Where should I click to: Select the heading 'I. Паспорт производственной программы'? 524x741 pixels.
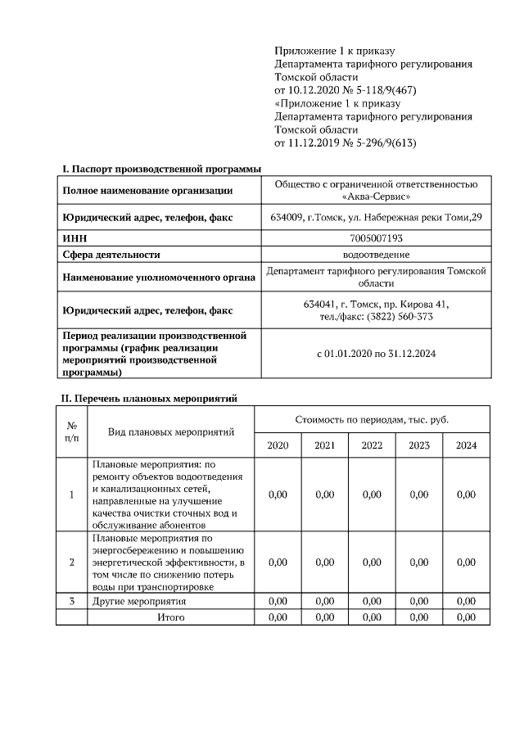point(162,169)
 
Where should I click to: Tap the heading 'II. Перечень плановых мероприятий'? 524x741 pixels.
point(150,399)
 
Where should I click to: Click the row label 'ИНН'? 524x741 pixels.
point(75,238)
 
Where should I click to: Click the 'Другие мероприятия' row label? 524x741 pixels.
point(139,602)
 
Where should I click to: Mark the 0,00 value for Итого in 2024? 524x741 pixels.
point(466,617)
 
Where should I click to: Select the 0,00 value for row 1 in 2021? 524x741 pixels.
point(325,495)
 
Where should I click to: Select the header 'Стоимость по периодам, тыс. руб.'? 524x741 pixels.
point(372,419)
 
